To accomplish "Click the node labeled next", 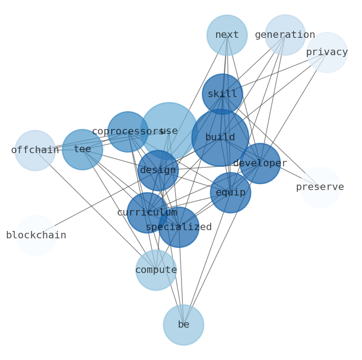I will click(227, 35).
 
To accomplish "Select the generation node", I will click(285, 35).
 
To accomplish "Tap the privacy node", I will click(327, 52).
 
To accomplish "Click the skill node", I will click(222, 94).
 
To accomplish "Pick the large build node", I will click(220, 138).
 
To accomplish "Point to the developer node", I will click(260, 164).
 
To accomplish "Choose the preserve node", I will click(320, 187).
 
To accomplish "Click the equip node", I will click(230, 193).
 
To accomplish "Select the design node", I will click(158, 170).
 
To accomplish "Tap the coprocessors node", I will click(128, 132).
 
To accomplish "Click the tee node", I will click(83, 149).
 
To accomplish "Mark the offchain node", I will click(35, 150).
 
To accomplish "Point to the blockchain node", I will click(36, 236).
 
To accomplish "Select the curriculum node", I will click(147, 213).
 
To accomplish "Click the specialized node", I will click(179, 227).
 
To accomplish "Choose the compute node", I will click(156, 270).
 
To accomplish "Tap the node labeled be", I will click(183, 325).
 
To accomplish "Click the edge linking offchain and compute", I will click(95, 210).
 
